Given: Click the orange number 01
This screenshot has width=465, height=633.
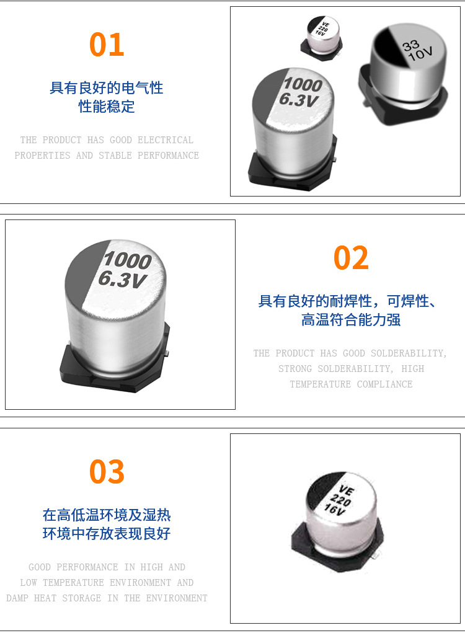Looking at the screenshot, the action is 107,45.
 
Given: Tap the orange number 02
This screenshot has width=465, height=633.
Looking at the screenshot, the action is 351,257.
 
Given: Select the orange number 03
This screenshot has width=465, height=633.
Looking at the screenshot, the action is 107,471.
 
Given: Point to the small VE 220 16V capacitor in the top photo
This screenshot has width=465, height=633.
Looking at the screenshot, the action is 322,38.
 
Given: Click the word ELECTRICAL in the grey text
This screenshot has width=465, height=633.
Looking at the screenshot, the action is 166,140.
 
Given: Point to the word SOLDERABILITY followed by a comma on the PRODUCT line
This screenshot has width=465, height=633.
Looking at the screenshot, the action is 409,353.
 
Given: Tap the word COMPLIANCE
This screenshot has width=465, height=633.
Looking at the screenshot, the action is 384,384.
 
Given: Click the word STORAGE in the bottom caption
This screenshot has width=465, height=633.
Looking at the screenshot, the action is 82,598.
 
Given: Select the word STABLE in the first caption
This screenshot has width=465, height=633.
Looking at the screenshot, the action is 115,156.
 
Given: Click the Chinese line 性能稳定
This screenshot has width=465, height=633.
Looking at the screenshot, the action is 107,107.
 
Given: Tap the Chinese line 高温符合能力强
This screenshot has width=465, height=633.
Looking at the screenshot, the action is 351,320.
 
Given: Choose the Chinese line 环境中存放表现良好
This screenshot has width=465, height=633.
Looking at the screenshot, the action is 107,533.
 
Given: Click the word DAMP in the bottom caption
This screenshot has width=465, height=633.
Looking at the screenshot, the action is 17,598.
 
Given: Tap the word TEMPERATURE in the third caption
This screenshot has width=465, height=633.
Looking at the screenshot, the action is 73,583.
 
